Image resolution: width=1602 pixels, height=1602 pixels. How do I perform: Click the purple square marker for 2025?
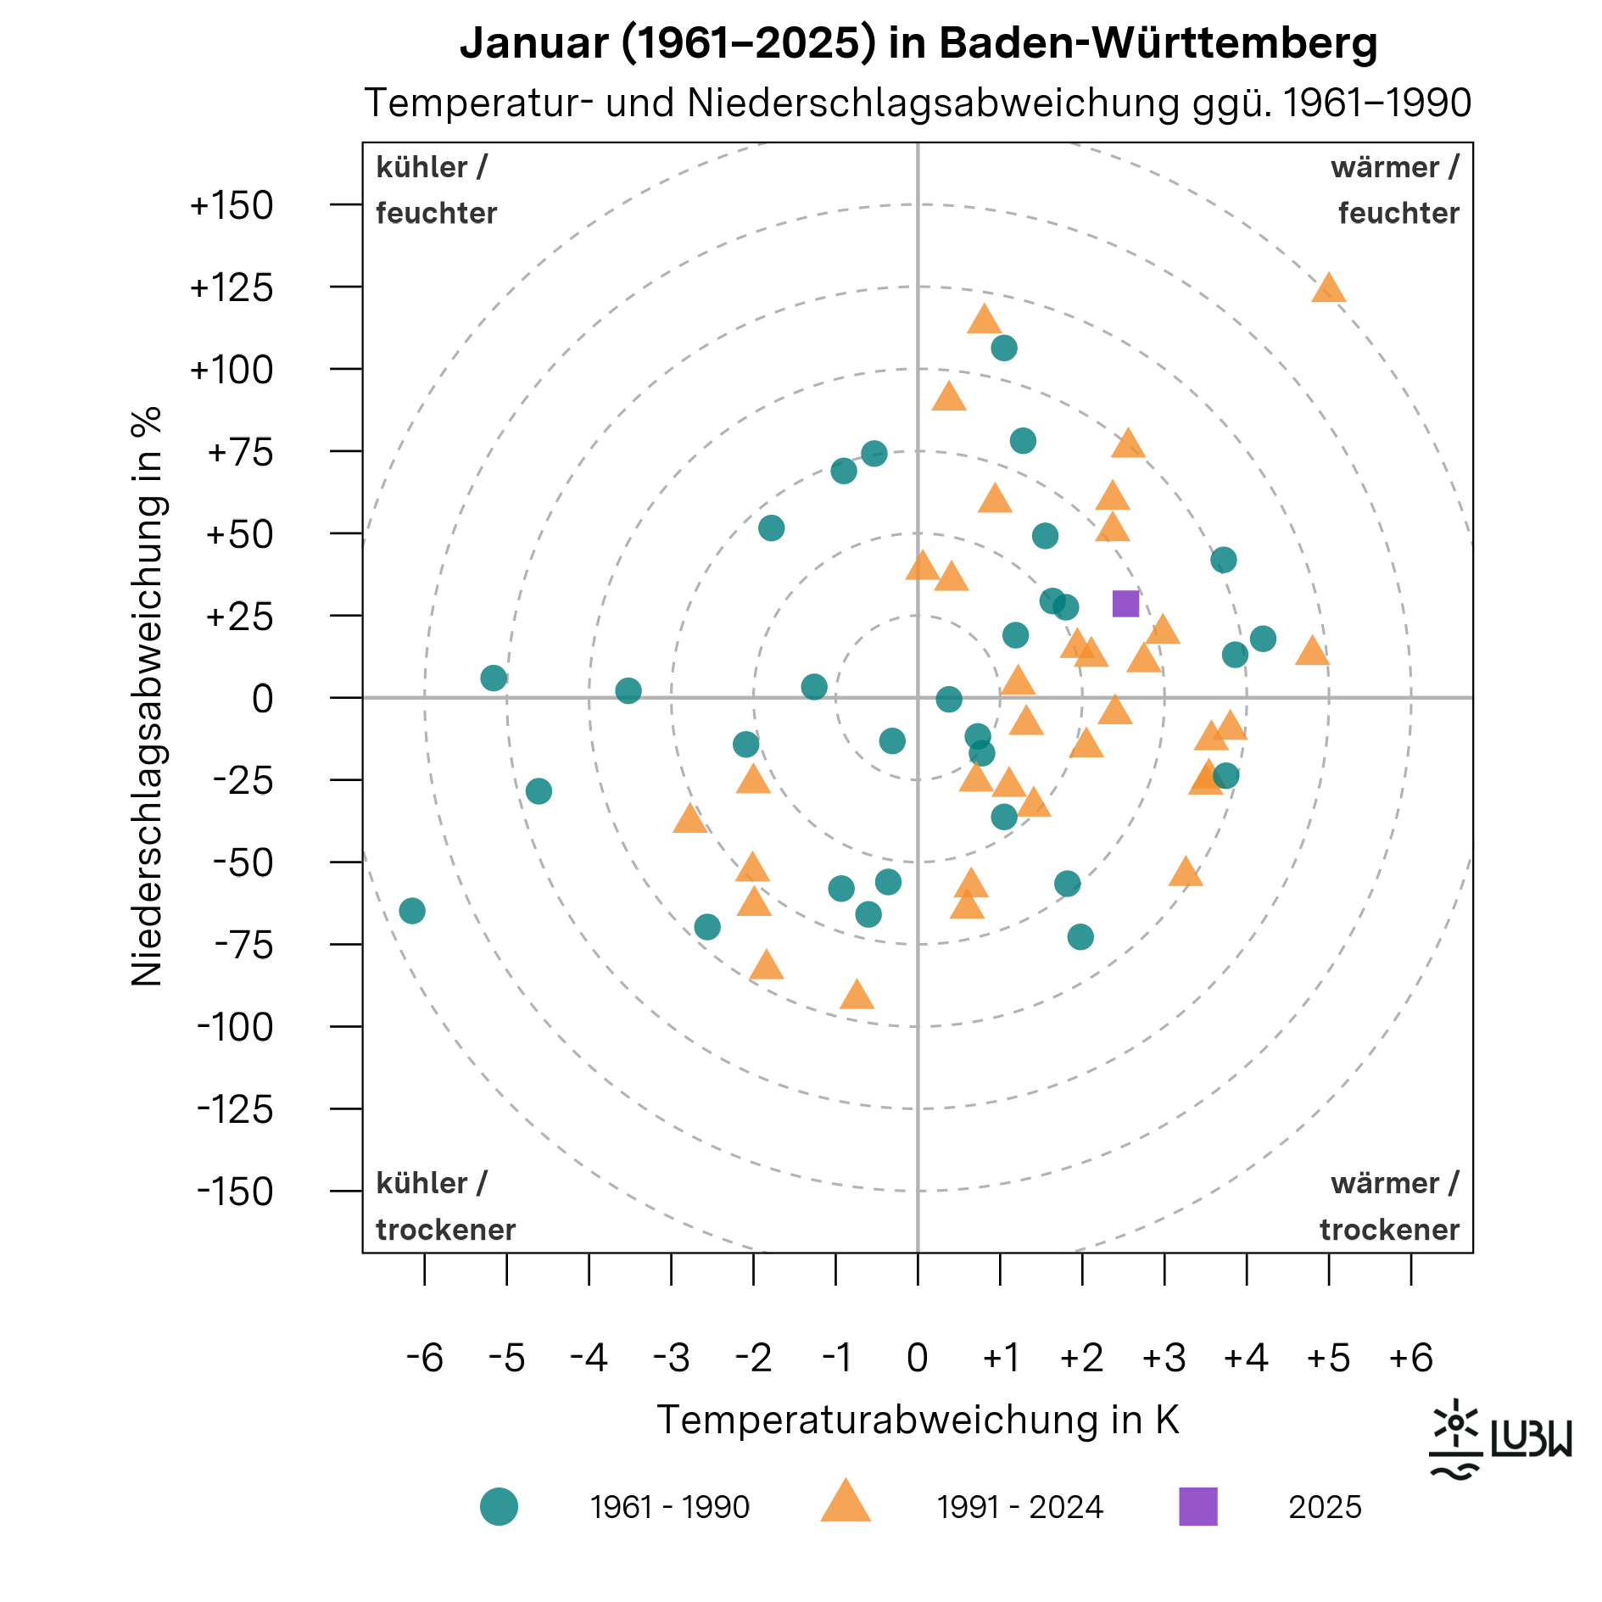click(x=1125, y=604)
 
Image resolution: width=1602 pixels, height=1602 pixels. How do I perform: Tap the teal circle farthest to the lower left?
click(x=411, y=911)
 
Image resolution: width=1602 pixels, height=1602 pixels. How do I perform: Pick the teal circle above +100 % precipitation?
click(x=1003, y=348)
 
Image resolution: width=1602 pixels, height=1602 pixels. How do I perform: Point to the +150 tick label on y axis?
click(x=232, y=206)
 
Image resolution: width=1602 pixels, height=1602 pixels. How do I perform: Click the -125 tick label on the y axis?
click(x=235, y=1109)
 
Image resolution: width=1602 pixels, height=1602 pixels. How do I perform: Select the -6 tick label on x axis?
click(x=424, y=1358)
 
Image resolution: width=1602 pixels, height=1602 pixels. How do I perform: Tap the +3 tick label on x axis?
click(x=1164, y=1358)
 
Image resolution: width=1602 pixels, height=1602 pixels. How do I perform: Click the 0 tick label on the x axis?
click(x=917, y=1358)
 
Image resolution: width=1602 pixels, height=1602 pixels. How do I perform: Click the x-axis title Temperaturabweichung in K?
click(x=918, y=1420)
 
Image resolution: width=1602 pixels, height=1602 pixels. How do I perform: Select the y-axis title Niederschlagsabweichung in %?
click(x=147, y=696)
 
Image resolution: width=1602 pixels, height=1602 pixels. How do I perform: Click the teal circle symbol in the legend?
click(x=499, y=1506)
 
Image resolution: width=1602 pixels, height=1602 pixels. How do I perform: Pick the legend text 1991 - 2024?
click(x=1019, y=1507)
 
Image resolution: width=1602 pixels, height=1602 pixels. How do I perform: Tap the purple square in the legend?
click(x=1197, y=1506)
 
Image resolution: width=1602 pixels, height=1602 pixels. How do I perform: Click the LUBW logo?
click(x=1500, y=1440)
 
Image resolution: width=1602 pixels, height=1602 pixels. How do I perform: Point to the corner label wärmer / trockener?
click(x=1389, y=1206)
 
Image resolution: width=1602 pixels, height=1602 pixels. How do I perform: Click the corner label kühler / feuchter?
click(x=436, y=190)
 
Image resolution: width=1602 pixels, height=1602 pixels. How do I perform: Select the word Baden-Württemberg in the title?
click(x=1158, y=42)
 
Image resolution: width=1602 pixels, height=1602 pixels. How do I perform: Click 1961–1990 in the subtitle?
click(x=1376, y=103)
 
